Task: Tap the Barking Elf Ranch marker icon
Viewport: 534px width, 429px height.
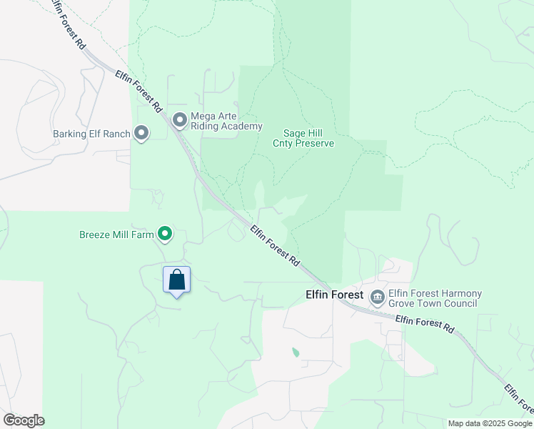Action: pyautogui.click(x=141, y=133)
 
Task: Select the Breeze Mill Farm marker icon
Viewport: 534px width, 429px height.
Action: pyautogui.click(x=165, y=234)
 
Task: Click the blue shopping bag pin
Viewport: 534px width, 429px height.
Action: pyautogui.click(x=177, y=280)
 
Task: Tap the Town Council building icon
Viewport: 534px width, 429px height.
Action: pyautogui.click(x=376, y=295)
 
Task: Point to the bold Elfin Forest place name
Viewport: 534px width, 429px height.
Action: pyautogui.click(x=335, y=295)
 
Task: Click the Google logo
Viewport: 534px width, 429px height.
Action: pyautogui.click(x=24, y=420)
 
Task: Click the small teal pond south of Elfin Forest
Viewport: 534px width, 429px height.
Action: pyautogui.click(x=296, y=352)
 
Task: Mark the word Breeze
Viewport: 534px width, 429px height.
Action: pyautogui.click(x=95, y=235)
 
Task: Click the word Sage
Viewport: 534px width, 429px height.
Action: pyautogui.click(x=296, y=133)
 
